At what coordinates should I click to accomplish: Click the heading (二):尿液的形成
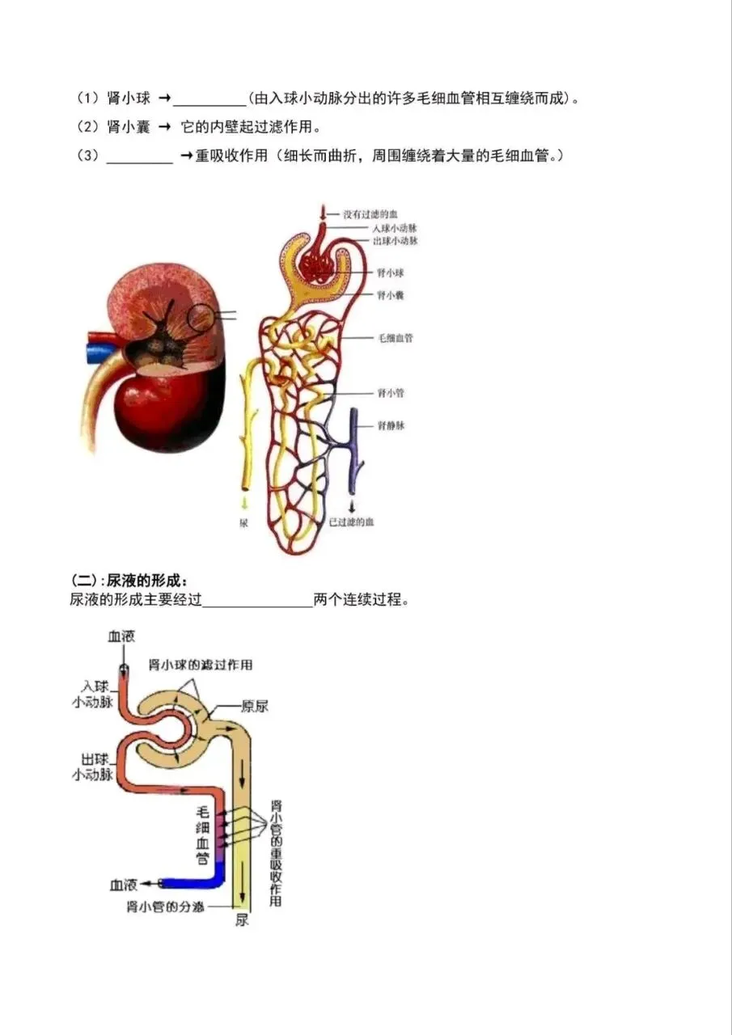(x=129, y=581)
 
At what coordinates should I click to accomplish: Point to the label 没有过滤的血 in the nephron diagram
(x=370, y=214)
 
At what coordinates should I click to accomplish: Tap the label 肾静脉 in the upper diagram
(x=391, y=425)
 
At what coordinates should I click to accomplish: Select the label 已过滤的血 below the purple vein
(x=352, y=523)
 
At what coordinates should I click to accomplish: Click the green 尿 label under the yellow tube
(x=243, y=523)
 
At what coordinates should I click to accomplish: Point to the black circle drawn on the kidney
(x=202, y=318)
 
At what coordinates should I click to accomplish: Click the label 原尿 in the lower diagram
(x=255, y=706)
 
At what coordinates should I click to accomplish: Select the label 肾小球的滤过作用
(x=201, y=665)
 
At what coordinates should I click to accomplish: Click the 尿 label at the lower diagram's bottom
(x=242, y=921)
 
